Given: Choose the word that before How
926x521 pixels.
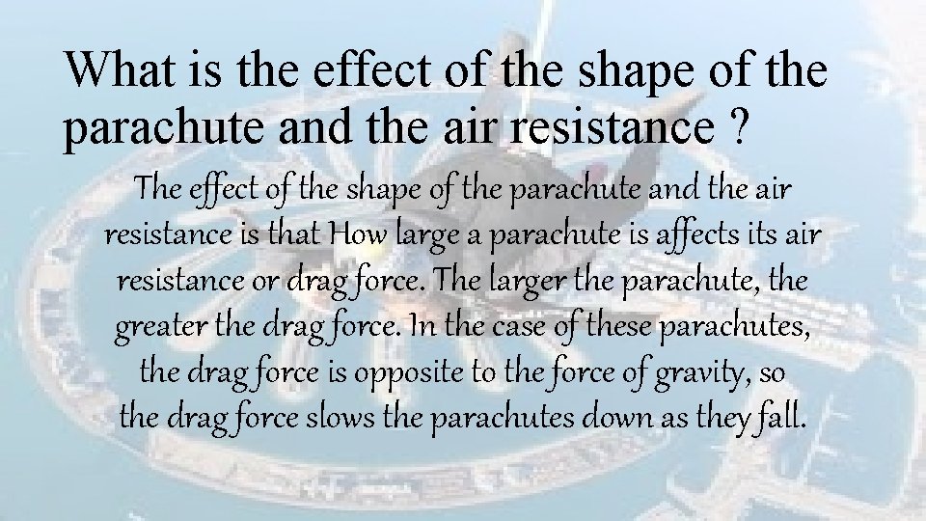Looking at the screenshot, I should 297,235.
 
